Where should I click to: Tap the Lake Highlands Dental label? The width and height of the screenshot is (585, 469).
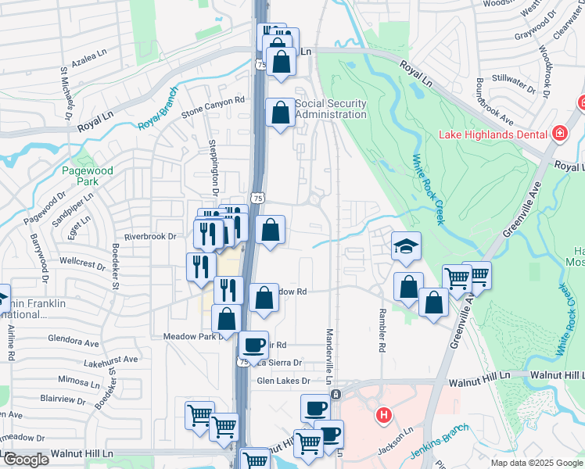[x=492, y=134]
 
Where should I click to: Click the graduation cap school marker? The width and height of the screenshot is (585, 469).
[x=406, y=247]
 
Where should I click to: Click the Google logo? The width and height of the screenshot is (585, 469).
[x=25, y=460]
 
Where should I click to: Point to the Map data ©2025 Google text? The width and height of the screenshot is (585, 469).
[x=537, y=463]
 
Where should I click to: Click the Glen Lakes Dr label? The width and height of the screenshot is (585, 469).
[x=284, y=381]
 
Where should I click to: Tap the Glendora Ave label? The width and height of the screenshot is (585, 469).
[x=74, y=342]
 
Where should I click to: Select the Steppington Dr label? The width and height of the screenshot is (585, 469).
[x=212, y=166]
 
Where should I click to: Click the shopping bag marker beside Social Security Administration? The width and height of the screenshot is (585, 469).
[x=280, y=113]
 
